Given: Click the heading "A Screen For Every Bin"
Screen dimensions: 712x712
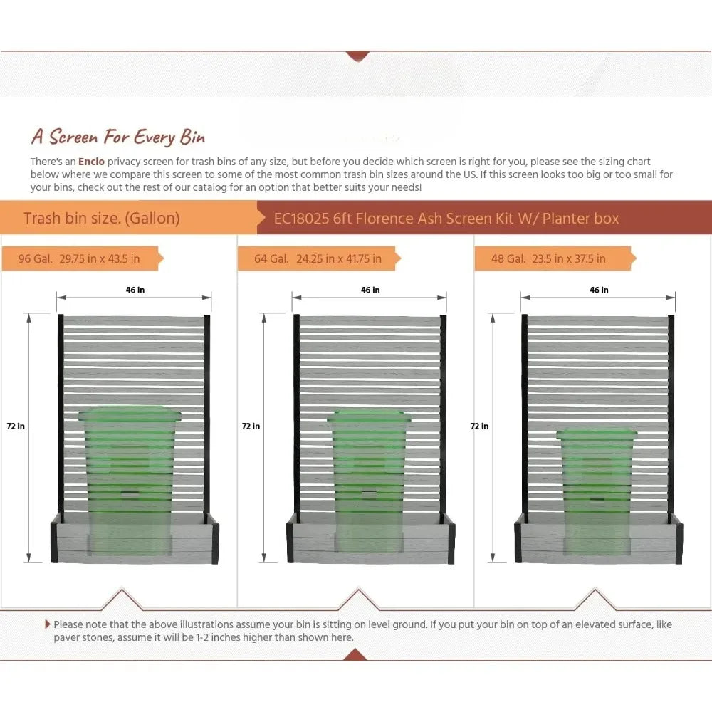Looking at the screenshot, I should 117,136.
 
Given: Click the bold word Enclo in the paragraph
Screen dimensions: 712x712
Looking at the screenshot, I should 91,162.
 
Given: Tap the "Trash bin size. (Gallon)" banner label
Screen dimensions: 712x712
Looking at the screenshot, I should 102,218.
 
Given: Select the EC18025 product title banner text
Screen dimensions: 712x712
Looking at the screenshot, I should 446,218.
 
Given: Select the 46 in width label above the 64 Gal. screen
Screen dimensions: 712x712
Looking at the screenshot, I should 370,290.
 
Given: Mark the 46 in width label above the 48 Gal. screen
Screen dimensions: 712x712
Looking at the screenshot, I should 599,290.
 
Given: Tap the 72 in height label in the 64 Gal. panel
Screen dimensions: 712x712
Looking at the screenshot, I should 251,426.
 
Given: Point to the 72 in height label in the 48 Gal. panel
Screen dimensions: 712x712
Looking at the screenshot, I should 479,426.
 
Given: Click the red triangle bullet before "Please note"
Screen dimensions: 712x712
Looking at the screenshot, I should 48,624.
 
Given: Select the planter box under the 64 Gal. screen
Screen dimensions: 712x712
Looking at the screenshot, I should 370,543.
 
